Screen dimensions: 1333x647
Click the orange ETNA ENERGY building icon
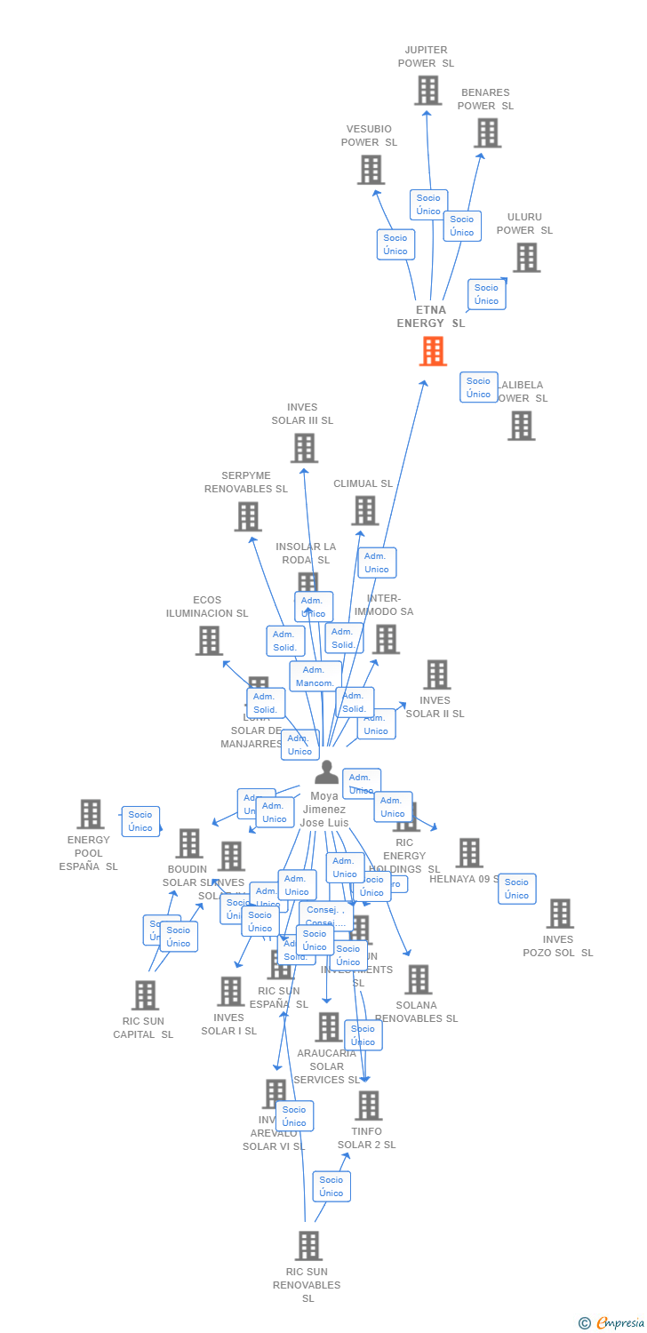[x=433, y=351]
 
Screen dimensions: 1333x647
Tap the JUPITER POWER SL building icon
[x=427, y=90]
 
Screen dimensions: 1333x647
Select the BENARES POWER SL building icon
[x=487, y=132]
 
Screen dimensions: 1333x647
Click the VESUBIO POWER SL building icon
[x=371, y=169]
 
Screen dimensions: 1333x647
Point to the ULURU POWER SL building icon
[x=526, y=258]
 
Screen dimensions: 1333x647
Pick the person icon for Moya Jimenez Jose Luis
[x=326, y=772]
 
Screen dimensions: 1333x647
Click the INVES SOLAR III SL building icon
[x=304, y=448]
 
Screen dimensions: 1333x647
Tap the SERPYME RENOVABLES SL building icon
[x=248, y=516]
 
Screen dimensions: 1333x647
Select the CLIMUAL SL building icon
[x=365, y=510]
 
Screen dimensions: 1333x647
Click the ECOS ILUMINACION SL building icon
[x=209, y=640]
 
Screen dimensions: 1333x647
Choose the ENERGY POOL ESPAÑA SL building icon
[x=90, y=813]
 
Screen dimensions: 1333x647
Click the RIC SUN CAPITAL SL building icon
[x=145, y=995]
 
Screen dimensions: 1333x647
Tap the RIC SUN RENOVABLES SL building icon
[x=308, y=1246]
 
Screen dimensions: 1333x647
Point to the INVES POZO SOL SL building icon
[x=560, y=913]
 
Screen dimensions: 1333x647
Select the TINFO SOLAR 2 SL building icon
[x=368, y=1106]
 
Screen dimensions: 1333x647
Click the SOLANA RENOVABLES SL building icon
[x=418, y=979]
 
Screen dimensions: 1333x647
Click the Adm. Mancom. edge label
[x=315, y=676]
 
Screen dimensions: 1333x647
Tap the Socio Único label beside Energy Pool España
[x=140, y=821]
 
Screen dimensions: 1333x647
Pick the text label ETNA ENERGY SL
[x=431, y=316]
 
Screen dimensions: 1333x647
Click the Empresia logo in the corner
[x=612, y=1323]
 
